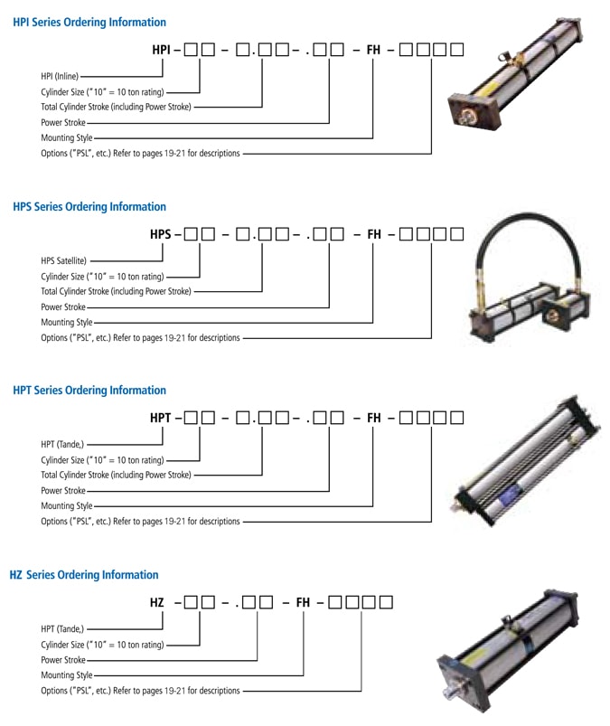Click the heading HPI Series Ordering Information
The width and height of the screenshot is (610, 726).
[89, 22]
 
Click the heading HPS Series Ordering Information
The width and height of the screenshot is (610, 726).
[89, 206]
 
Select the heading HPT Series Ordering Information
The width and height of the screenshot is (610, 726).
[89, 391]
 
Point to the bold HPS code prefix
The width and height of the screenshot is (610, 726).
[161, 234]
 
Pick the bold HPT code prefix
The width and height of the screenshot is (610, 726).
[161, 419]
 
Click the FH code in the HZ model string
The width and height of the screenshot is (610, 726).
[303, 602]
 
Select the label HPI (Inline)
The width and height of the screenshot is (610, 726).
[60, 77]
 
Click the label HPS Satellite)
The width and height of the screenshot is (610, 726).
[63, 261]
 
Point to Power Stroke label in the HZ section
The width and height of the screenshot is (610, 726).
[63, 660]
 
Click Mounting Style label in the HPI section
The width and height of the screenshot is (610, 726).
[66, 138]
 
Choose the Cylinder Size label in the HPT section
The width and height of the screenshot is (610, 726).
[102, 460]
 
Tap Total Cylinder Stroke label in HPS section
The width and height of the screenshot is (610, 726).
[116, 291]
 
